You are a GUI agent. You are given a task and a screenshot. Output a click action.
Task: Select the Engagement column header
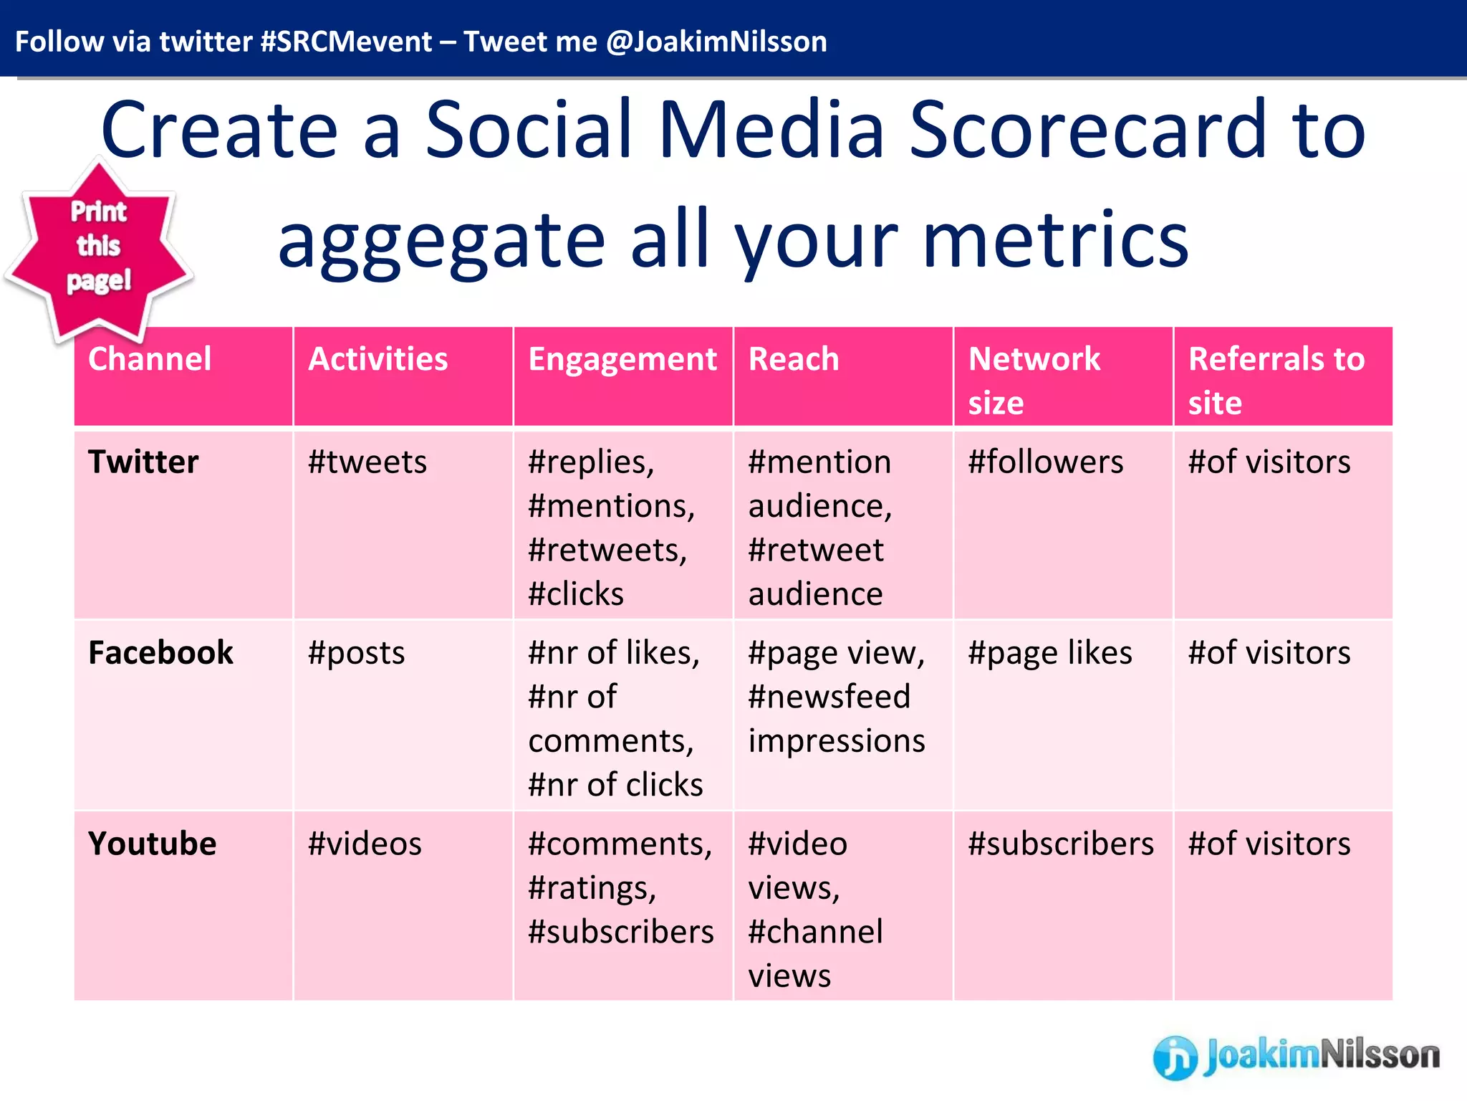[622, 359]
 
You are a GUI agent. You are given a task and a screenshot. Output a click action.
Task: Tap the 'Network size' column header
[1034, 380]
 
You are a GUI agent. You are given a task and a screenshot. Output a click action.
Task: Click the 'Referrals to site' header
[1276, 380]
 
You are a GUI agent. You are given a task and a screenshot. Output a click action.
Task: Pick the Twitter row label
[143, 462]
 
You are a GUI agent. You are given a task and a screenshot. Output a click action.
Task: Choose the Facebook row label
[160, 653]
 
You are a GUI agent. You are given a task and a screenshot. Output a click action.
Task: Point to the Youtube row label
[152, 844]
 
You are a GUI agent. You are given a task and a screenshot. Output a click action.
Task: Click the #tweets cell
[367, 462]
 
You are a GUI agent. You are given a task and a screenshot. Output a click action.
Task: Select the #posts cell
[356, 653]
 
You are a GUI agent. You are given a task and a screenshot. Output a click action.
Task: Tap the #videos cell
[365, 844]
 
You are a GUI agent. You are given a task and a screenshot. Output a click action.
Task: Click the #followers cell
[1045, 462]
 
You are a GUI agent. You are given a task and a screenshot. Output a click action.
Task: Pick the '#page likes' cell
[1049, 653]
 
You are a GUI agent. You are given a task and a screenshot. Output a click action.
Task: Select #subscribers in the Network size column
[1060, 844]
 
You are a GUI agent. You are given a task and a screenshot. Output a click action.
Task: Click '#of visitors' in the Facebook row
[1269, 653]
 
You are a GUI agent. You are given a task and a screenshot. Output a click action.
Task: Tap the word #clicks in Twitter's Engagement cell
[575, 594]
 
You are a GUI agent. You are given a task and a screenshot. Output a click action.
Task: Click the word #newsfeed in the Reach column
[829, 697]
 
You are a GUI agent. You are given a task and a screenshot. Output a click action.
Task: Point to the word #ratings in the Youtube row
[591, 888]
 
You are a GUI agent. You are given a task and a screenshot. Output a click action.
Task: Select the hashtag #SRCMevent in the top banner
[346, 42]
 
